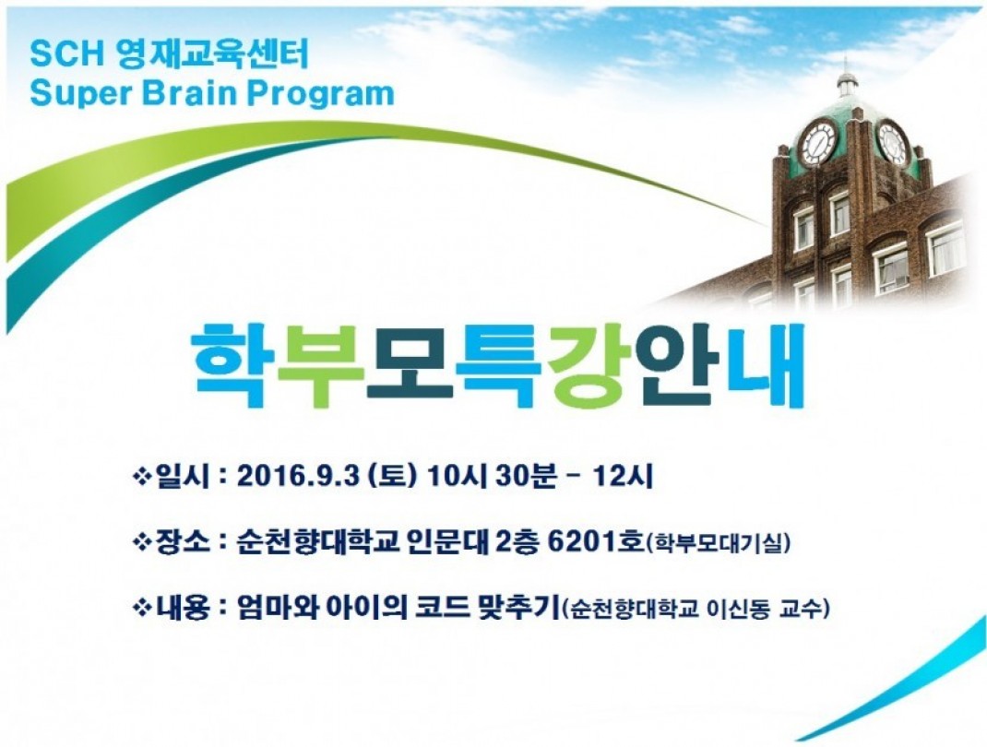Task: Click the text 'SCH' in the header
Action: (x=66, y=54)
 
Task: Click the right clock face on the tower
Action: (x=892, y=143)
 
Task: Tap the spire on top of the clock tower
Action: (x=845, y=70)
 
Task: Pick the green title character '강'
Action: (x=588, y=365)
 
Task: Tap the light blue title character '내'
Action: (x=767, y=364)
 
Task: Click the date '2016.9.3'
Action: (x=299, y=476)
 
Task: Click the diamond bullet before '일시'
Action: (x=142, y=477)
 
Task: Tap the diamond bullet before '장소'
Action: (x=142, y=542)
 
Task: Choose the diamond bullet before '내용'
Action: (x=142, y=608)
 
